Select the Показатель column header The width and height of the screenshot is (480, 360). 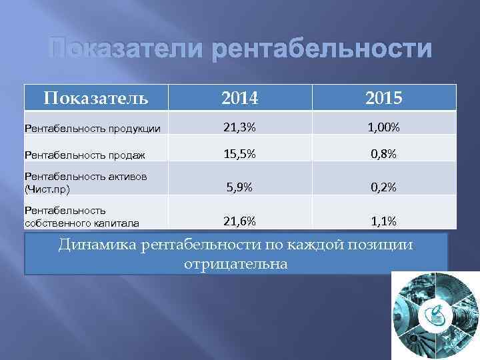[x=96, y=99]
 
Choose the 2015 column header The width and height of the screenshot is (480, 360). [x=383, y=99]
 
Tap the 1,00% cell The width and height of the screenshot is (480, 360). [x=383, y=127]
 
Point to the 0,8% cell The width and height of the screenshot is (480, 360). [x=383, y=154]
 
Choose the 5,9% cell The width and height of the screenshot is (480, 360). [x=239, y=187]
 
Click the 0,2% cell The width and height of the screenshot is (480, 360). [x=383, y=187]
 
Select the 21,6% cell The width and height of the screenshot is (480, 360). [x=239, y=221]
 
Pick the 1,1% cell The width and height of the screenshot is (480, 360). [x=383, y=221]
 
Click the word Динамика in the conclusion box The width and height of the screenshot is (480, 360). [x=97, y=245]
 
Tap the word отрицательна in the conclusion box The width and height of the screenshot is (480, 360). [x=235, y=264]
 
